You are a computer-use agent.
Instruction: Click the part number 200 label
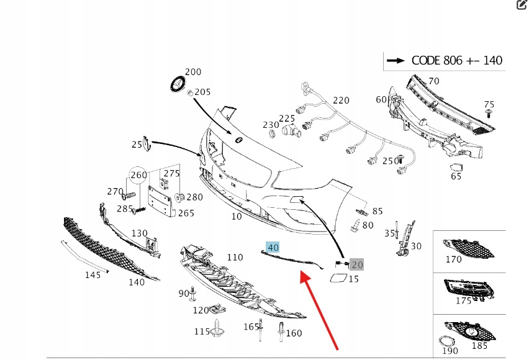(x=193, y=72)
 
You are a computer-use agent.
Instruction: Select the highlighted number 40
(x=273, y=248)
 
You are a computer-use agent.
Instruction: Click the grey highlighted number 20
(x=356, y=264)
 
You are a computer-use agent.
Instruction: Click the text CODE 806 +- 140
(x=457, y=60)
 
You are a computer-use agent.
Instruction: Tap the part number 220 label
(x=341, y=100)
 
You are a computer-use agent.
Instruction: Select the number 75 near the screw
(x=489, y=104)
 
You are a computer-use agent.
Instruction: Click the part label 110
(x=235, y=257)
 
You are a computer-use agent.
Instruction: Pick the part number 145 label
(x=93, y=275)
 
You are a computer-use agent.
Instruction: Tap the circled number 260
(x=138, y=175)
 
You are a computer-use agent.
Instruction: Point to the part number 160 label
(x=294, y=333)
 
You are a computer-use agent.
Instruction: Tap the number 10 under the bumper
(x=237, y=217)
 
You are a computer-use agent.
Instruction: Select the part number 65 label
(x=456, y=176)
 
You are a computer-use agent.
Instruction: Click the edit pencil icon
(x=522, y=5)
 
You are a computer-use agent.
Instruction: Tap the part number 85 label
(x=378, y=211)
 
